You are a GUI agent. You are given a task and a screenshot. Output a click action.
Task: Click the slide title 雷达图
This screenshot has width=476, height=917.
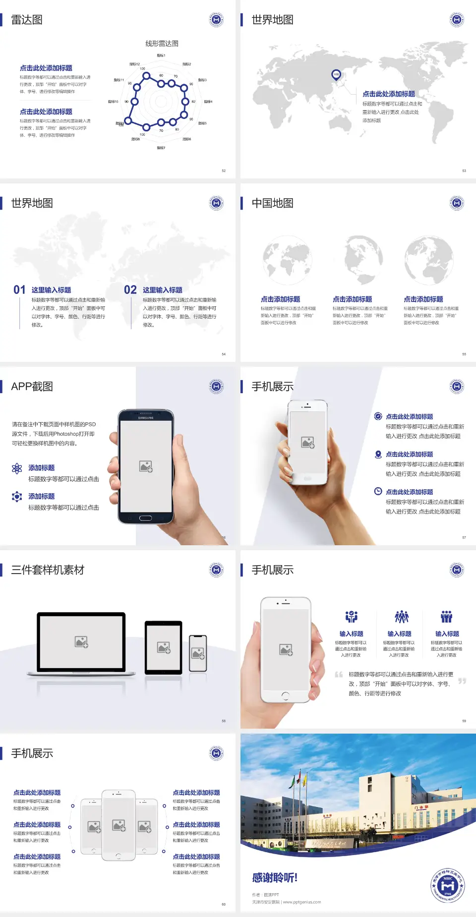27,20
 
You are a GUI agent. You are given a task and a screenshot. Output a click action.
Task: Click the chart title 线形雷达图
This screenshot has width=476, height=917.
162,44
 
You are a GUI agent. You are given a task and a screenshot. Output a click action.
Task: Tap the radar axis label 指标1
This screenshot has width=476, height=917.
161,56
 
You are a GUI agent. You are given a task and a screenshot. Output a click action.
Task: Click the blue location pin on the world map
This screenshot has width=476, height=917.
336,74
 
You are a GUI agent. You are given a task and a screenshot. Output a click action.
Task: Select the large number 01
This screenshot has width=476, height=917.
19,290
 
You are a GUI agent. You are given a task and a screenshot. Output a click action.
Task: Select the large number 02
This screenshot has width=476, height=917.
130,290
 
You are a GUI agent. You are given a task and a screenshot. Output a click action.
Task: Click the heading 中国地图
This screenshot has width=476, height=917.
272,203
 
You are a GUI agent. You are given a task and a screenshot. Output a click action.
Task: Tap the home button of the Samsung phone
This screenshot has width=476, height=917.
145,518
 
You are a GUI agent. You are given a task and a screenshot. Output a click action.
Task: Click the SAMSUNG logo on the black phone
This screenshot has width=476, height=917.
146,418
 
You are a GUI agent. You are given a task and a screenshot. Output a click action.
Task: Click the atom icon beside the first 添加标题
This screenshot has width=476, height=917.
17,468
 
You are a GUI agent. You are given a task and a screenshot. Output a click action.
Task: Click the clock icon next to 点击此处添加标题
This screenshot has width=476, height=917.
378,491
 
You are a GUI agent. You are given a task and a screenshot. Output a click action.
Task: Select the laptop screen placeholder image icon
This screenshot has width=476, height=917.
81,642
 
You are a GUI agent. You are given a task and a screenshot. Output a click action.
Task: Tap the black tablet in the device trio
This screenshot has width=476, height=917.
164,647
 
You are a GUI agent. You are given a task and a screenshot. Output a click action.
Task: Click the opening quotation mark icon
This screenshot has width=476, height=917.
339,675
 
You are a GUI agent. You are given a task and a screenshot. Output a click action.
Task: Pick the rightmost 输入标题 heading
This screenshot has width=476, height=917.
447,633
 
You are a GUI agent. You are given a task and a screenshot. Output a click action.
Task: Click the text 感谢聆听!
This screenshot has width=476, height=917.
274,878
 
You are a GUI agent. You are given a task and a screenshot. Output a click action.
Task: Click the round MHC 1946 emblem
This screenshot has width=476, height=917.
448,885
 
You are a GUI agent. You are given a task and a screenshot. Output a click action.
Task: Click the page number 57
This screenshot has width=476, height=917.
464,537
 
